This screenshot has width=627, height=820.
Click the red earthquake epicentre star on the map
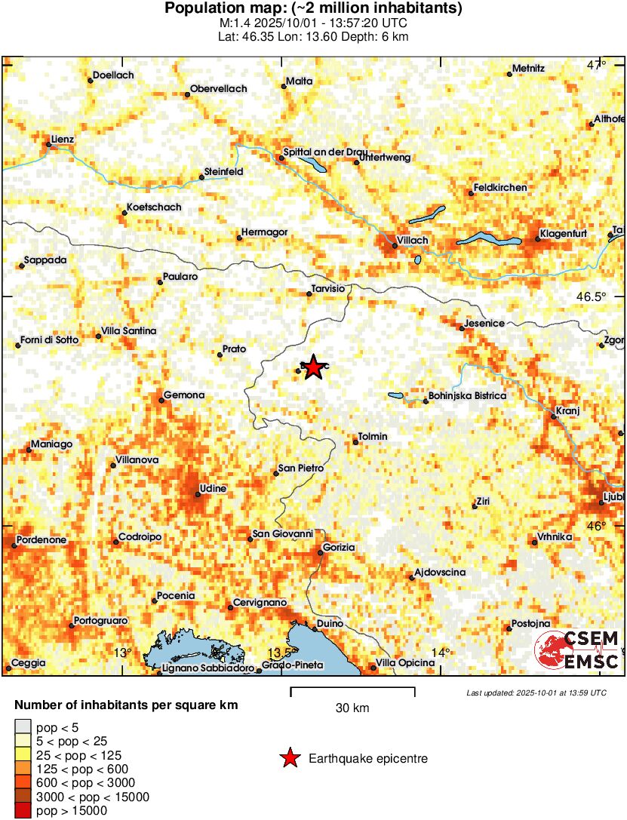(313, 368)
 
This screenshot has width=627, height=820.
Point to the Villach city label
(413, 240)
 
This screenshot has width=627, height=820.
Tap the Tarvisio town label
(327, 288)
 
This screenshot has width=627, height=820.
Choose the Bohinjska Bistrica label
(467, 395)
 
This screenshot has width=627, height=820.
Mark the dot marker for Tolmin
(356, 442)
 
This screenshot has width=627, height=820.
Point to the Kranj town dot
(554, 416)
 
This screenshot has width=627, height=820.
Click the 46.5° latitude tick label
(592, 296)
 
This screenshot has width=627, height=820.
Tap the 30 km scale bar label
(352, 708)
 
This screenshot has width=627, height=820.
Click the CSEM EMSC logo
(576, 650)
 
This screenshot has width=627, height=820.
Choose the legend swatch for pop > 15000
(23, 811)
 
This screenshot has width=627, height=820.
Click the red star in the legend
(289, 759)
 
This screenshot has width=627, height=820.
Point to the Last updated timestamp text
(536, 693)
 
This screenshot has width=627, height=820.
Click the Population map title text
(313, 9)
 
